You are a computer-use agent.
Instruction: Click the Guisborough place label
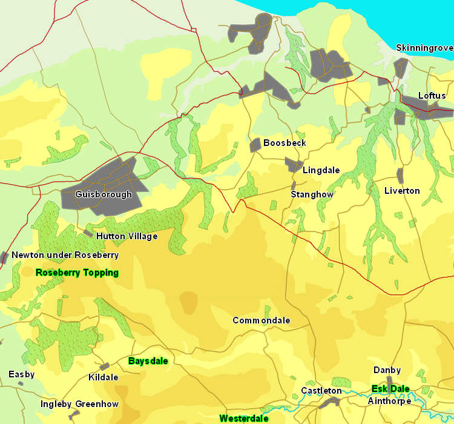point(104,195)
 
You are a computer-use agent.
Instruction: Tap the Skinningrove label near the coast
point(424,48)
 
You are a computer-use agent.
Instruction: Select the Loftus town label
point(432,96)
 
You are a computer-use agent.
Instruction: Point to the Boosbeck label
point(285,143)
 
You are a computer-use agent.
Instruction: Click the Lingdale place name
point(321,170)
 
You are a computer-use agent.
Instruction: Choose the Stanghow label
point(312,194)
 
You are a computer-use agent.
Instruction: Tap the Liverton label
point(402,191)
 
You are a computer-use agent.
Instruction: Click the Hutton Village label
point(127,236)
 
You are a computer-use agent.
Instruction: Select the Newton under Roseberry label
point(65,255)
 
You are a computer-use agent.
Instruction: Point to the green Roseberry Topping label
point(77,273)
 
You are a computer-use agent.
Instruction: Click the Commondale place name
point(261,320)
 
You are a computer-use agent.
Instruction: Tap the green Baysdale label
point(148,360)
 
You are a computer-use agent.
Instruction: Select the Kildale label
point(103,377)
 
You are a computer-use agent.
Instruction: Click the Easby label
point(21,374)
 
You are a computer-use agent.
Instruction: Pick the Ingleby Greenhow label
point(79,404)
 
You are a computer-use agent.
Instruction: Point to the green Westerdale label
point(244,419)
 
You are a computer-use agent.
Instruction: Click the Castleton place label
point(321,391)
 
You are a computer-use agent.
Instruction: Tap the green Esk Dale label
point(390,389)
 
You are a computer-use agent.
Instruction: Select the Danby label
point(387,370)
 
